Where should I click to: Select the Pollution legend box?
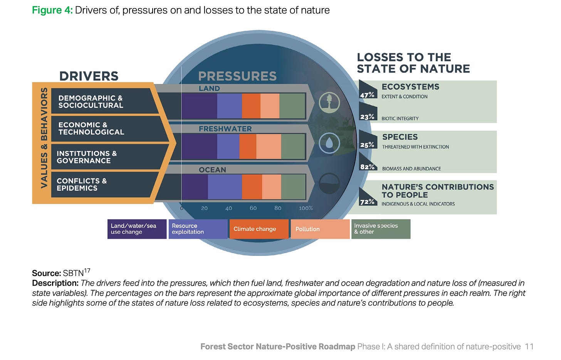coord(320,229)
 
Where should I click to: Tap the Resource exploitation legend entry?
coord(198,229)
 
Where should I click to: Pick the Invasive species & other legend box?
coord(381,229)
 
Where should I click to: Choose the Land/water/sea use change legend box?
coord(137,229)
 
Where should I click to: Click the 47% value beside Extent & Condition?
coord(367,95)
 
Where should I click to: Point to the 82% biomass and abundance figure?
coord(367,167)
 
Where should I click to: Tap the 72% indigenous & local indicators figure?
coord(367,202)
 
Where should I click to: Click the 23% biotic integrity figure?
coord(367,117)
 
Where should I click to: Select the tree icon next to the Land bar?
coord(329,103)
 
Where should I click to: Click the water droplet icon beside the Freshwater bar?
coord(329,143)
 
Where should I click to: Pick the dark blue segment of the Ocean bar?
coord(195,187)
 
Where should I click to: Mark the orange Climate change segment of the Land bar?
coord(251,106)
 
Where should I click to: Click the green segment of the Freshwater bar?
coord(293,146)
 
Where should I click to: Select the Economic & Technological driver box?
coord(108,129)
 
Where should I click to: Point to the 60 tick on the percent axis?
coord(253,208)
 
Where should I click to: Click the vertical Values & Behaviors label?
coord(44,138)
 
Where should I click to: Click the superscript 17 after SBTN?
coord(87,271)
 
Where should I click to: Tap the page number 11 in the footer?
coord(529,347)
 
